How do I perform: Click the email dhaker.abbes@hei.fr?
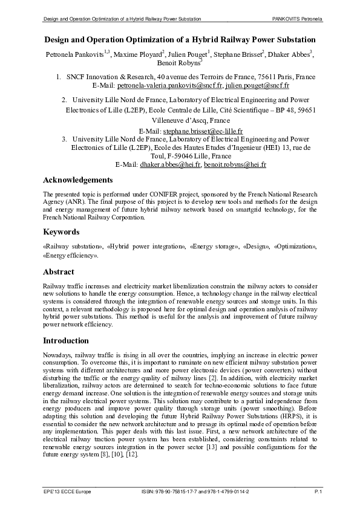pyautogui.click(x=171, y=164)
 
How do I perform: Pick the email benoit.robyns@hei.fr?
pyautogui.click(x=235, y=164)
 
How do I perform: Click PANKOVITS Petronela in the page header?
pyautogui.click(x=297, y=20)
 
